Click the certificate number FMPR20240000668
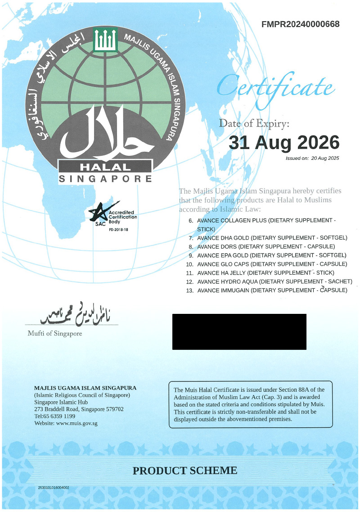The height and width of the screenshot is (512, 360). tap(300, 24)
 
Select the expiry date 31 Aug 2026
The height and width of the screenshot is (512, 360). tap(284, 143)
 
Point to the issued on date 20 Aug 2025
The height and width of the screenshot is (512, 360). tap(324, 158)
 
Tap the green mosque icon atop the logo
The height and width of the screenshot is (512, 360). tap(105, 40)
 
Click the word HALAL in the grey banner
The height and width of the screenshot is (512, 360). tap(105, 167)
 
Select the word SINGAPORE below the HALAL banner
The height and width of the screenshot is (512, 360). tap(106, 179)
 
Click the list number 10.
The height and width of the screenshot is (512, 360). tap(189, 264)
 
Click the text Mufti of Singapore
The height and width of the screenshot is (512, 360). tap(55, 334)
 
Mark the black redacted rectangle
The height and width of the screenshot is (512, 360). tap(239, 332)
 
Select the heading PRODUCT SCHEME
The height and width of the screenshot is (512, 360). tap(184, 471)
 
